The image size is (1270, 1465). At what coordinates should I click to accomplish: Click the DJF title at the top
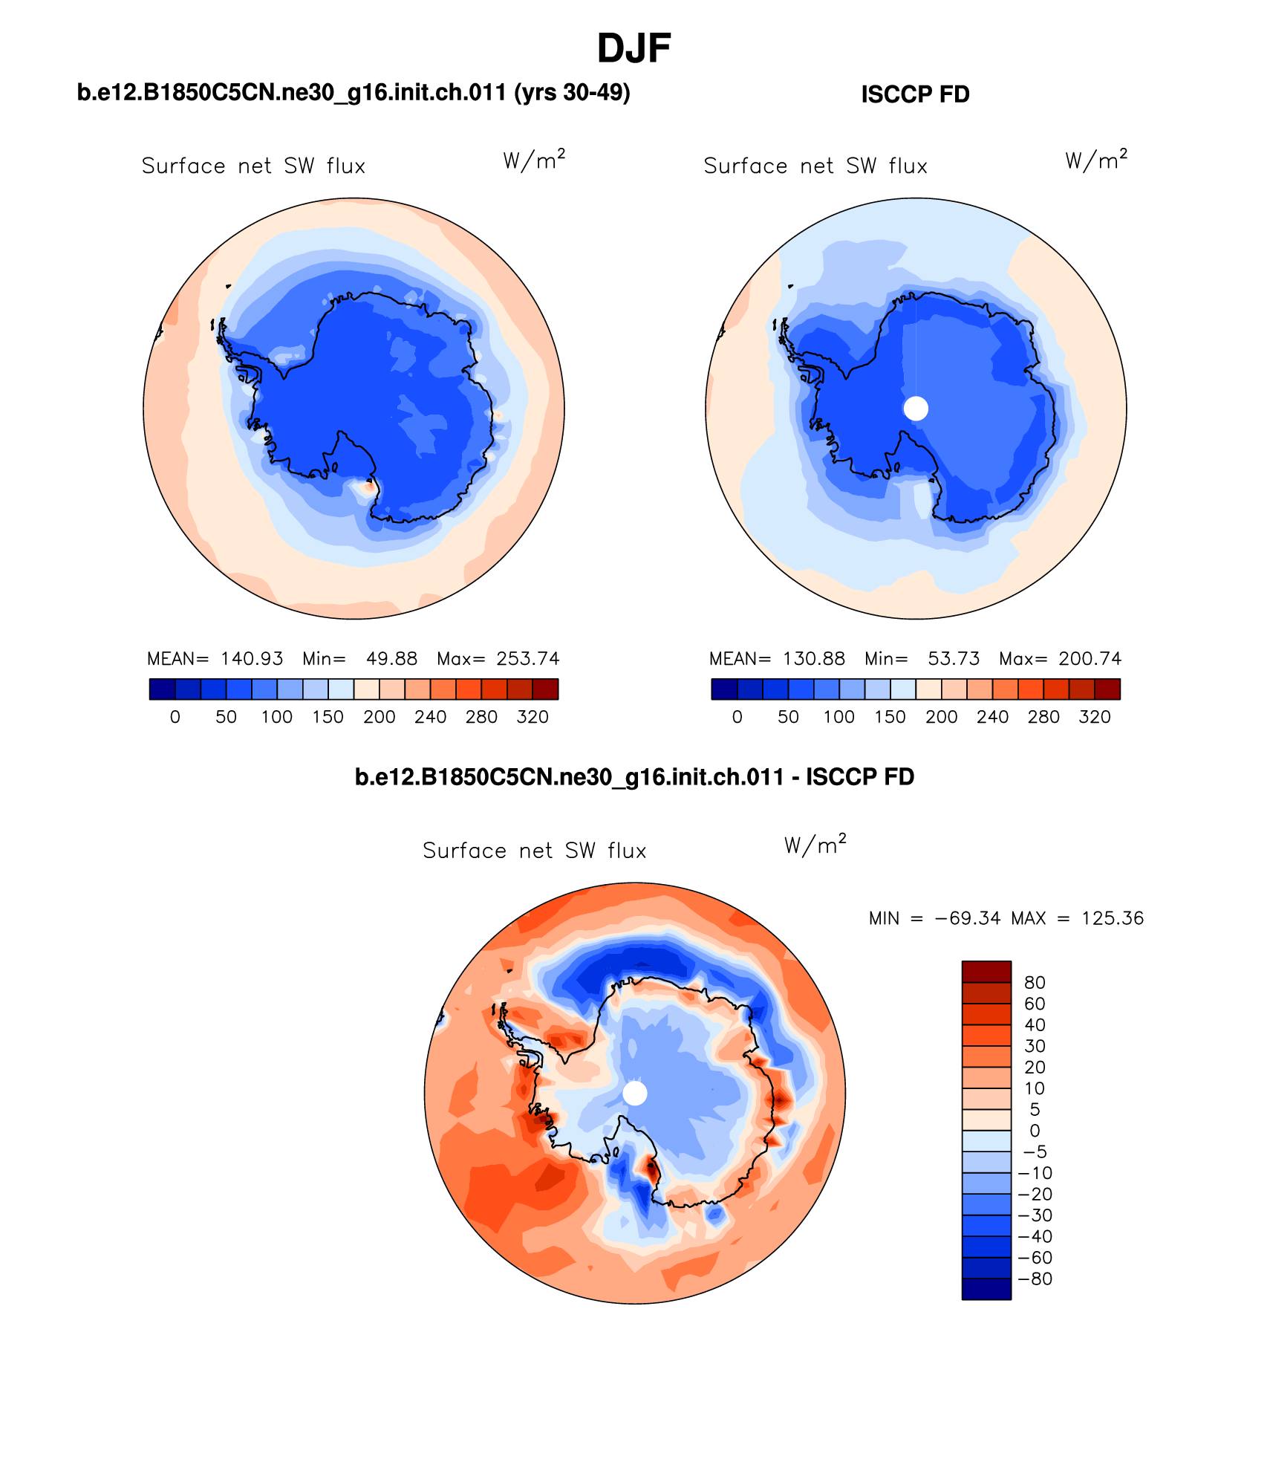(634, 49)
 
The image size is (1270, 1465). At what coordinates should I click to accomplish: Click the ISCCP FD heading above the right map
(915, 94)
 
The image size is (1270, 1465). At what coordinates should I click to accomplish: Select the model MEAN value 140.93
(252, 659)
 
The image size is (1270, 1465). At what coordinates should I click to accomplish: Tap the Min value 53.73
(954, 659)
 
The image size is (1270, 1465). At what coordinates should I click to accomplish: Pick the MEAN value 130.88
(814, 659)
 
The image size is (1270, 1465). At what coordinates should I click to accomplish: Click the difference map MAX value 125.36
(1113, 918)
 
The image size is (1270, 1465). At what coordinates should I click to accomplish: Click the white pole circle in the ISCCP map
(916, 408)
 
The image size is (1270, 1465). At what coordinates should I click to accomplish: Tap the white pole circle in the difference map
(635, 1093)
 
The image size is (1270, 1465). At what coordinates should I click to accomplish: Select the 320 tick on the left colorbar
(533, 717)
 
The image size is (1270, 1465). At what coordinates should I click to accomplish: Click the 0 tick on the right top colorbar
(737, 717)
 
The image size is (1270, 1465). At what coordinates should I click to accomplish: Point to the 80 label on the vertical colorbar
(1035, 983)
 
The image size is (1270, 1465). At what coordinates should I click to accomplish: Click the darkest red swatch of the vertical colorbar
(986, 972)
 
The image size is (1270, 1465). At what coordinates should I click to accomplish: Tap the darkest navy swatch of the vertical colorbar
(986, 1289)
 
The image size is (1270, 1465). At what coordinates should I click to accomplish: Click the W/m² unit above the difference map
(815, 845)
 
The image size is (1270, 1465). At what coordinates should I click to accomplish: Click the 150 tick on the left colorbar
(328, 717)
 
